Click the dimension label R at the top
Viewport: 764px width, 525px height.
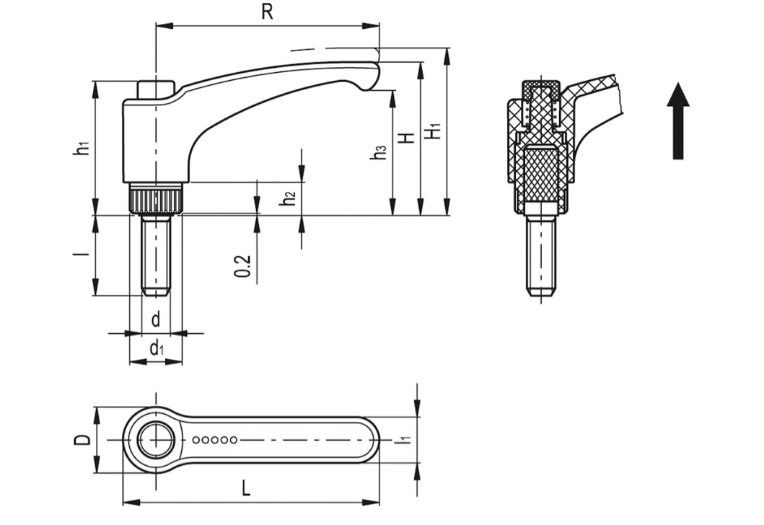click(x=267, y=13)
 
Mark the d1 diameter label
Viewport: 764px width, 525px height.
click(x=156, y=349)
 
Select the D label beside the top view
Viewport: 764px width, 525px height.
click(x=83, y=439)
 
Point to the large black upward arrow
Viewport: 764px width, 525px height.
click(x=677, y=120)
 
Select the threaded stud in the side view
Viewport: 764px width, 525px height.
click(x=155, y=255)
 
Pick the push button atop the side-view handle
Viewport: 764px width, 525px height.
click(x=155, y=89)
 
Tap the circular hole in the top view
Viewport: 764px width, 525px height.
click(x=155, y=439)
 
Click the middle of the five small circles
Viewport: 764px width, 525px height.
click(x=214, y=439)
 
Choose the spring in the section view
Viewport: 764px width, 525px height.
click(x=527, y=112)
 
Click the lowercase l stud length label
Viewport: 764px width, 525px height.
click(x=84, y=255)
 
